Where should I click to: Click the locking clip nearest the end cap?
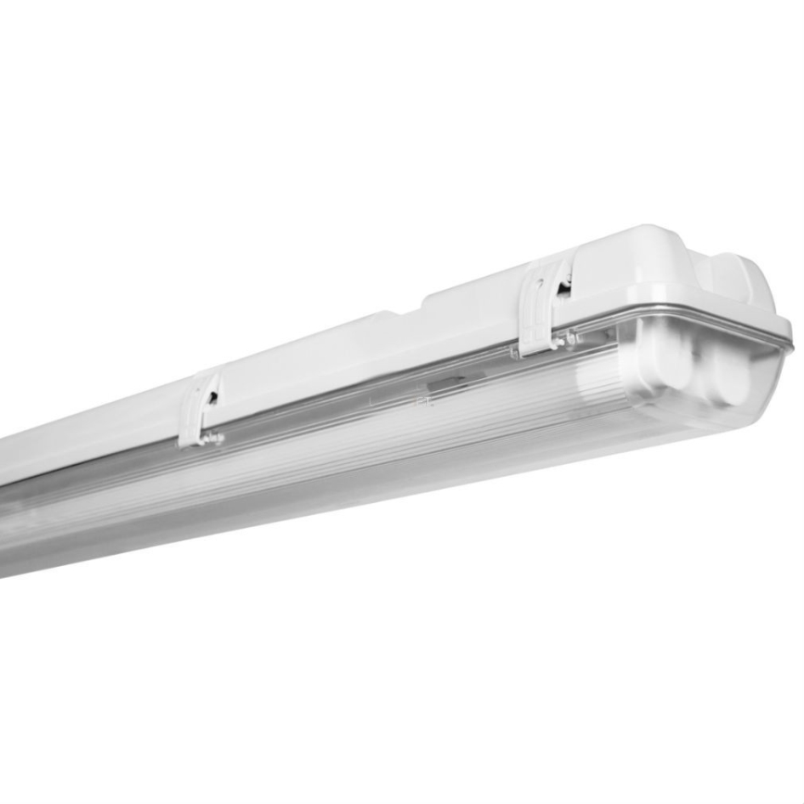click(x=543, y=308)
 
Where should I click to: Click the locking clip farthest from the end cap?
click(x=200, y=408)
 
